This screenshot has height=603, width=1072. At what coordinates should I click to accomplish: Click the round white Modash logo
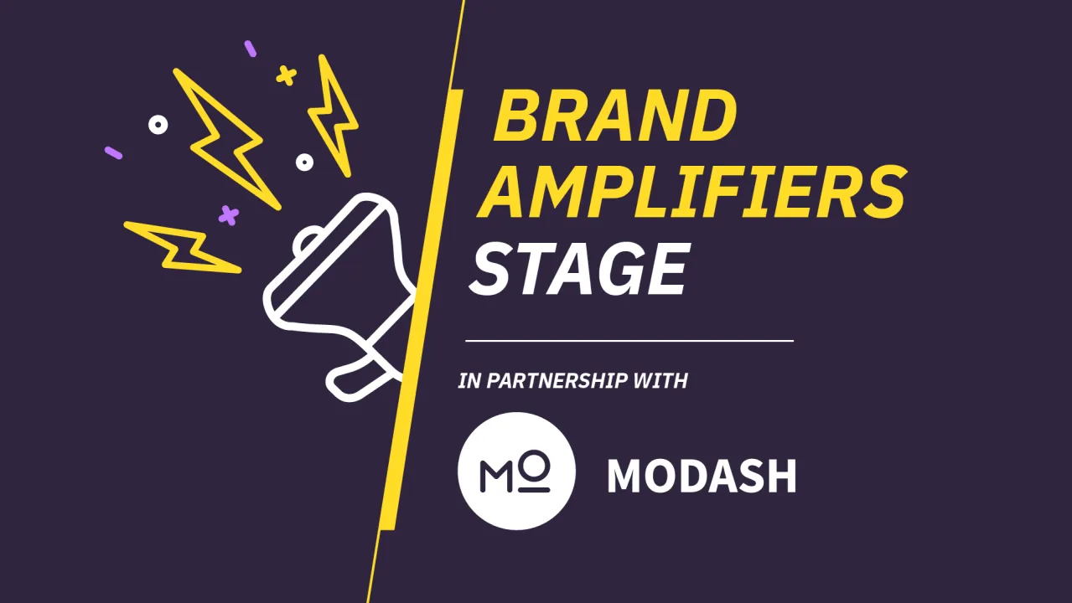pyautogui.click(x=516, y=471)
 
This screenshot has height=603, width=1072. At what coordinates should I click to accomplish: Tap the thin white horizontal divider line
pyautogui.click(x=629, y=341)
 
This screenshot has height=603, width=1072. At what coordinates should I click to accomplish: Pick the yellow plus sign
pyautogui.click(x=287, y=76)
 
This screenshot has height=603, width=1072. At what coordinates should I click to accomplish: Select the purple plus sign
pyautogui.click(x=228, y=215)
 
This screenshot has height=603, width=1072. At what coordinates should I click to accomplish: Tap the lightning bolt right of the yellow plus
pyautogui.click(x=333, y=116)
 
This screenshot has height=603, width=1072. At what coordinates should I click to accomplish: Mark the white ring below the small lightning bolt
pyautogui.click(x=304, y=162)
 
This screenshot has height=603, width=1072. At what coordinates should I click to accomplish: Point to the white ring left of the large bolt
pyautogui.click(x=158, y=125)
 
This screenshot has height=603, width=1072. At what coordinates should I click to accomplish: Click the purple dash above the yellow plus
pyautogui.click(x=250, y=49)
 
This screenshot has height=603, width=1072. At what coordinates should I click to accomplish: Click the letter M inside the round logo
pyautogui.click(x=498, y=474)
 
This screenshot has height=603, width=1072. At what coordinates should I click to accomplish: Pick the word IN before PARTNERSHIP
pyautogui.click(x=469, y=381)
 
